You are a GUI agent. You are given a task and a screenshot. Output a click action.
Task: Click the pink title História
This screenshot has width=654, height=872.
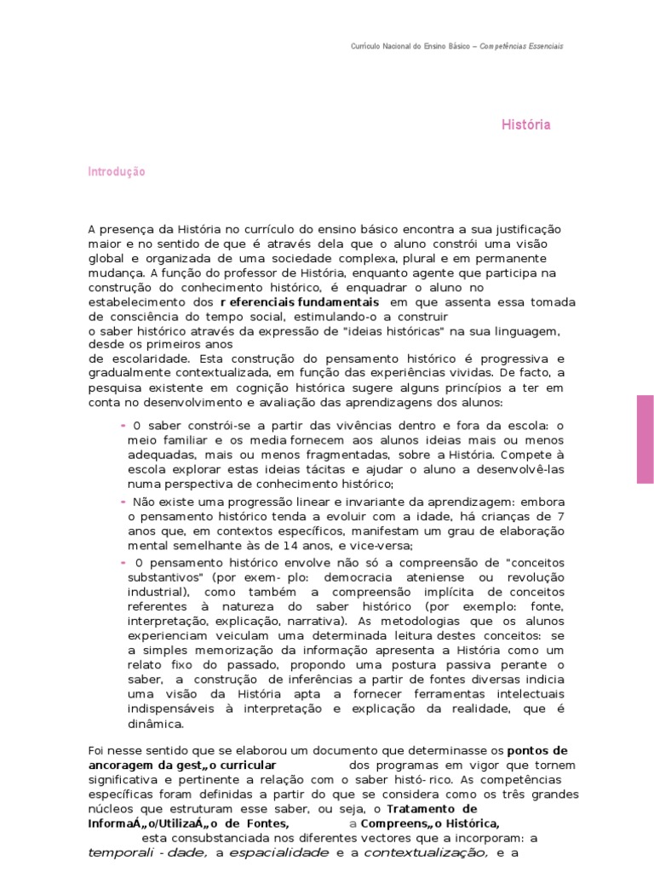(x=525, y=124)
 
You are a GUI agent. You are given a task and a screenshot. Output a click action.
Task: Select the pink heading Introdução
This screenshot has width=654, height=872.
(x=117, y=171)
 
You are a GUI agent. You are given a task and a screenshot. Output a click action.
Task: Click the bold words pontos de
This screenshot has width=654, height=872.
(x=537, y=750)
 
